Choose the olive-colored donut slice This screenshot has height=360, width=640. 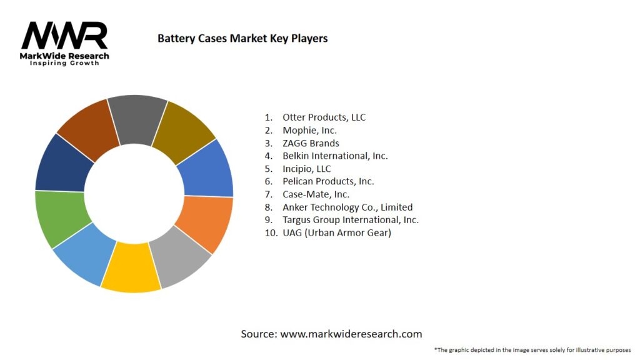tap(185, 128)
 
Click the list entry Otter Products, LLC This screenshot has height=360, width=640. tap(324, 117)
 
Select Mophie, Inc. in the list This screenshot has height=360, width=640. tap(309, 130)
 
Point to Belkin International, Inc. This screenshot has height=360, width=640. tap(335, 156)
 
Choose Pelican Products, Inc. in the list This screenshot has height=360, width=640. tap(328, 181)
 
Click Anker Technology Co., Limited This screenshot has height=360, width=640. tap(347, 207)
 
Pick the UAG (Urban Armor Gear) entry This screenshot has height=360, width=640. tap(336, 233)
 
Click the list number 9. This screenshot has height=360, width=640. tap(267, 220)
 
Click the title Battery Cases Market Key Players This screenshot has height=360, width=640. tap(242, 38)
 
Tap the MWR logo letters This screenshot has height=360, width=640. tap(64, 36)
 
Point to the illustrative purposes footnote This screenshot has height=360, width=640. tap(532, 349)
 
